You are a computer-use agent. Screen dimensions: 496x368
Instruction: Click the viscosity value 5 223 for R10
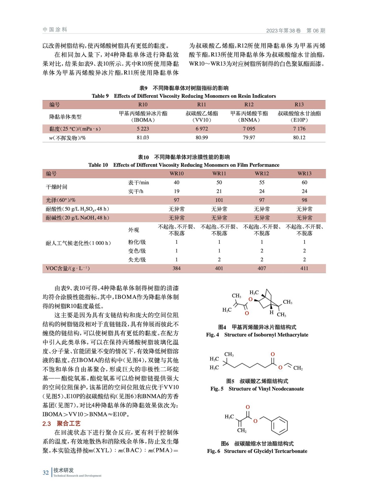[143, 129]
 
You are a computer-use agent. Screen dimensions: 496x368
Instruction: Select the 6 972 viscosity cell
[202, 129]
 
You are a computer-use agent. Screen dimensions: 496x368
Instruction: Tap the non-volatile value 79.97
[249, 137]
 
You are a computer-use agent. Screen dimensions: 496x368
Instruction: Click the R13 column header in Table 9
[299, 104]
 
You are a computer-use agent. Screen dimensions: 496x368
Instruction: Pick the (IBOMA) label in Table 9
[143, 120]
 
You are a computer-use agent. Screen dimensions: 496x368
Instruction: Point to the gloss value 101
[219, 200]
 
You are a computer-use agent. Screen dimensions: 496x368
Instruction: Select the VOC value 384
[176, 268]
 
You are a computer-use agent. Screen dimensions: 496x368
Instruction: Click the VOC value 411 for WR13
[304, 268]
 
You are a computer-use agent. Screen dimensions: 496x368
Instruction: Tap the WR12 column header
[262, 174]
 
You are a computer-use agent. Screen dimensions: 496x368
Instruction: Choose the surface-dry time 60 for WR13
[304, 182]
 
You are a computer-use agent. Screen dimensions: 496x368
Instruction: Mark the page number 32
[46, 472]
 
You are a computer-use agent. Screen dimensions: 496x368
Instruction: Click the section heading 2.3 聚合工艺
[61, 423]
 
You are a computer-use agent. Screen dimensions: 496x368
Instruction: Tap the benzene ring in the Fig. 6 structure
[279, 426]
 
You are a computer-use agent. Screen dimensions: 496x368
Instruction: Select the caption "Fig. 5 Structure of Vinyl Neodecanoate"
[257, 389]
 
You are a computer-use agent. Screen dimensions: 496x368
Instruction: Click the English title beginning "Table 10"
[184, 165]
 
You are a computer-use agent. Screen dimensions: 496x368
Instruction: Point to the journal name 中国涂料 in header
[55, 30]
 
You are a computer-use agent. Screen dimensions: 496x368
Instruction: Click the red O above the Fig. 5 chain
[273, 354]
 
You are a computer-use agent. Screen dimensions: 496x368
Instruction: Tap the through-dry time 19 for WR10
[176, 191]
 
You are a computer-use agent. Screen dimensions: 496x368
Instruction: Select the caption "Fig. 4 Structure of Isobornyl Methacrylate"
[257, 335]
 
